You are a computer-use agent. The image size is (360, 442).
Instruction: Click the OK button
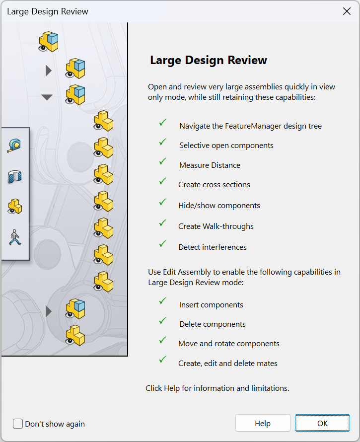coord(322,423)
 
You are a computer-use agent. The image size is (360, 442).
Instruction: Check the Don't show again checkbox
coord(18,424)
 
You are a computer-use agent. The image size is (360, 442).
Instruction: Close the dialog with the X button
coord(347,11)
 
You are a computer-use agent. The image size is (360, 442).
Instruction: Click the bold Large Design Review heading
coord(209,60)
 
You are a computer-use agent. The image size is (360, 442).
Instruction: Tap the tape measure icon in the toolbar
coord(14,146)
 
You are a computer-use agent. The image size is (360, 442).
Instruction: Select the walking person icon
coord(15,237)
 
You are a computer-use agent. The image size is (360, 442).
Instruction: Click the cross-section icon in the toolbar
coord(15,177)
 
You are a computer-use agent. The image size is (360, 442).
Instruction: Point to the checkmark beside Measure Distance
coord(163,161)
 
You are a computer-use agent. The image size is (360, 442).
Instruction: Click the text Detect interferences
coord(213,247)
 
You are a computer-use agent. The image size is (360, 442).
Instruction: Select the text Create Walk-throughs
coord(216,226)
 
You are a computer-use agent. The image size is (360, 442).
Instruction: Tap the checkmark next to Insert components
coord(163,301)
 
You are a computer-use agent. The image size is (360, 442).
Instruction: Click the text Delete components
coord(213,324)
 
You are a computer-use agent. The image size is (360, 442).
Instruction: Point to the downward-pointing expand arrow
coord(47,97)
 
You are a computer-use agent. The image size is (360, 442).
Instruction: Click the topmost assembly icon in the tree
coord(49,42)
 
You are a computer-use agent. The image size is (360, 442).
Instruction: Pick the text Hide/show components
coord(219,206)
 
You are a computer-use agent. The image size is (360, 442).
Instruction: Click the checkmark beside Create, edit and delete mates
coord(163,360)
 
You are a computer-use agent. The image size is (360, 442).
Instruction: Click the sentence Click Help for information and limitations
coord(217,388)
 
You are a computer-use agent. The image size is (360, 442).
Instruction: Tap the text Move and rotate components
coord(229,344)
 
